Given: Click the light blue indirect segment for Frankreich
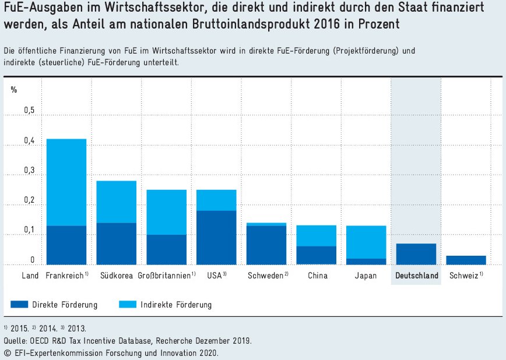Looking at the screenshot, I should pos(66,182).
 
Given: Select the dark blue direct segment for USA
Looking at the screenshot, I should pos(216,238).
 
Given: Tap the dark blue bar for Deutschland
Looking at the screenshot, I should pos(416,254).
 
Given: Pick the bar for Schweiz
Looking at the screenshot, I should pos(466,260).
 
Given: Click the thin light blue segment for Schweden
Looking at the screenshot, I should pos(266,224).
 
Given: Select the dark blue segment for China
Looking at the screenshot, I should pos(316,255).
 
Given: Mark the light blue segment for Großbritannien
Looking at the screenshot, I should pos(166,212).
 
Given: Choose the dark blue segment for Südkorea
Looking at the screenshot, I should pos(117,243).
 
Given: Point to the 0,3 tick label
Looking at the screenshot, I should pos(29,171).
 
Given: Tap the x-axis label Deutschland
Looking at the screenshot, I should pos(416,276).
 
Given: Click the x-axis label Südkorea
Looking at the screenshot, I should pos(117,276).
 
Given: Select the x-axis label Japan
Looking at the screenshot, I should pos(366,276).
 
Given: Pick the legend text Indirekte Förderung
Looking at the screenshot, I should pos(176,305).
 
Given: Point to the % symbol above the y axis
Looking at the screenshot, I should pos(14,89).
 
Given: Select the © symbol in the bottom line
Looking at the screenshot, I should pos(7,353).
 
